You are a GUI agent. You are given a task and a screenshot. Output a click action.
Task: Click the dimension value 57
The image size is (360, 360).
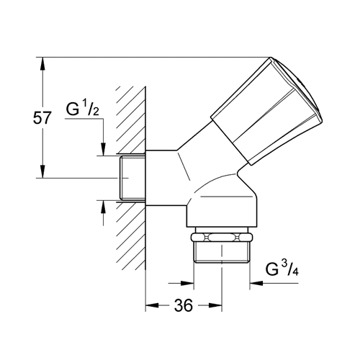(x=42, y=118)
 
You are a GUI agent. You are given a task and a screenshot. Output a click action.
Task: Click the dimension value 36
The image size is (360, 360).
(x=184, y=305)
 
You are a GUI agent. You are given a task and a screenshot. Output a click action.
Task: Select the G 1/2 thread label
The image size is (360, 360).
(x=82, y=107)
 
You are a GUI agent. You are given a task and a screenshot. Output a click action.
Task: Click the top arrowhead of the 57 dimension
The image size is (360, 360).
(x=42, y=63)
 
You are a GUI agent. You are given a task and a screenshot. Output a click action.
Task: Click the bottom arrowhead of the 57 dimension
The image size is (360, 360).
(x=42, y=171)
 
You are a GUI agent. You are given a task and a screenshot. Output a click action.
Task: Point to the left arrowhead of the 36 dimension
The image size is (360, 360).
(x=152, y=305)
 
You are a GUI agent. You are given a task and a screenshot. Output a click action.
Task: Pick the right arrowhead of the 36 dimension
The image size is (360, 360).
(x=215, y=305)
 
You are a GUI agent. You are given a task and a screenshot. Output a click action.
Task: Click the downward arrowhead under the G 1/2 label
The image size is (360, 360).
(x=103, y=149)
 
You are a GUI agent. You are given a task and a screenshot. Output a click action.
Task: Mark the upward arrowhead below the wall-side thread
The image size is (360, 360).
(x=103, y=207)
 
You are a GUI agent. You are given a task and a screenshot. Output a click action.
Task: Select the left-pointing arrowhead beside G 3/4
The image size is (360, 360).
(x=256, y=283)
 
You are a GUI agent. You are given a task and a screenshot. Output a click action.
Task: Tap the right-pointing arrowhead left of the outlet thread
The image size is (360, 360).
(x=187, y=283)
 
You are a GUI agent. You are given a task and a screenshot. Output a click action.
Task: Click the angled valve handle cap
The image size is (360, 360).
(x=266, y=111)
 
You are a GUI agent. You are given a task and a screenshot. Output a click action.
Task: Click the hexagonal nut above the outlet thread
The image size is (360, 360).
(x=222, y=238)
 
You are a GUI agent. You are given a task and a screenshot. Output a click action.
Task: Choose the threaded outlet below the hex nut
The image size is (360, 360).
(x=222, y=253)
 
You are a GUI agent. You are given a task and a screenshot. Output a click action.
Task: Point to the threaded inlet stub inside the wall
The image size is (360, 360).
(x=132, y=178)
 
